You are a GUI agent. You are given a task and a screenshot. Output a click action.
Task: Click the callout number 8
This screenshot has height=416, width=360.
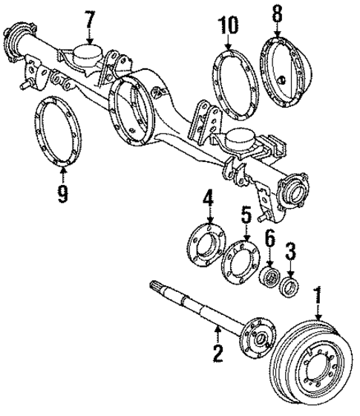277,14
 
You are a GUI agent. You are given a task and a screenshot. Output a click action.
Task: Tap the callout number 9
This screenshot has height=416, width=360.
63,194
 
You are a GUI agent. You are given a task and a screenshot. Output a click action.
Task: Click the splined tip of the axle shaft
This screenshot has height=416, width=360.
158,285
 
